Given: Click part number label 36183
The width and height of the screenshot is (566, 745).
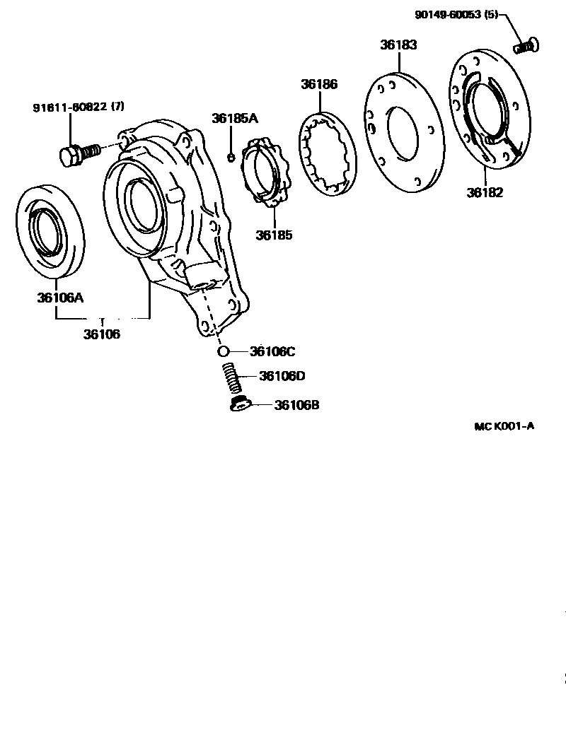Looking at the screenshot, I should pyautogui.click(x=398, y=45).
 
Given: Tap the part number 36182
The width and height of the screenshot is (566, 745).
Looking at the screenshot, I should pyautogui.click(x=485, y=192).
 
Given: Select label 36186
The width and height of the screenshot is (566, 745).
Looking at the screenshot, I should pyautogui.click(x=319, y=84).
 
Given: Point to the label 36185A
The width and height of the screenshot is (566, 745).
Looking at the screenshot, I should pyautogui.click(x=235, y=119).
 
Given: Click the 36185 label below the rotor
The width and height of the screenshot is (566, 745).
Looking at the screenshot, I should pyautogui.click(x=275, y=235).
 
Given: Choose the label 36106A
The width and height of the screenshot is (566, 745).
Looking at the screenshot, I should pyautogui.click(x=60, y=298).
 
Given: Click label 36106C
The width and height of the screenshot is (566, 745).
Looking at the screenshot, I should pyautogui.click(x=273, y=351).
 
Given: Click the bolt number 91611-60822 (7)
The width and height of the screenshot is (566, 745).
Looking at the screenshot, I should pyautogui.click(x=79, y=107).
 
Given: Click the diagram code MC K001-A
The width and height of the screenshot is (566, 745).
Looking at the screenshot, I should pyautogui.click(x=504, y=426).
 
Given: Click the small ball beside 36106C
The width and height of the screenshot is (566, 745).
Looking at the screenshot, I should pyautogui.click(x=222, y=351).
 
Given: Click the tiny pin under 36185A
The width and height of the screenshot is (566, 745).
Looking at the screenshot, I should pyautogui.click(x=231, y=156).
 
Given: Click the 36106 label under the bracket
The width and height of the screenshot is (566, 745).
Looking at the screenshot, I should pyautogui.click(x=102, y=334).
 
